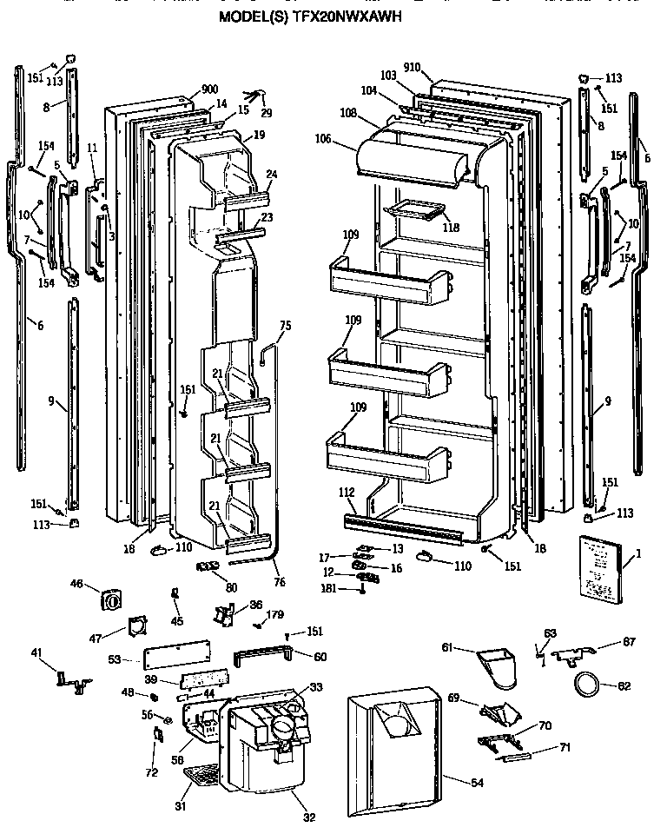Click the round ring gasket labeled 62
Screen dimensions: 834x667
587,685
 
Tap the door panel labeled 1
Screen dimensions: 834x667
598,570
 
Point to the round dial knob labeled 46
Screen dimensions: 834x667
111,599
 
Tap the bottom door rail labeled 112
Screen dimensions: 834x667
404,524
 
